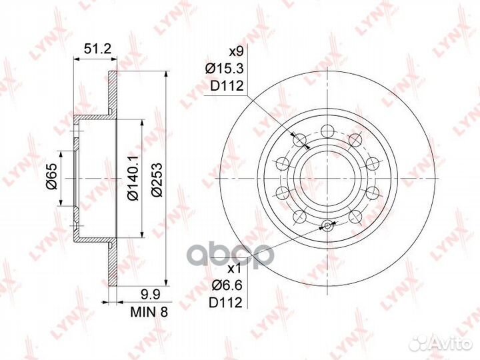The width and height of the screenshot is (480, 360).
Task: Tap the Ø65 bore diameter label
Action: click(x=51, y=179)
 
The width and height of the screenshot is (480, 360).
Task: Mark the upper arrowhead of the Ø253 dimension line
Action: click(x=165, y=76)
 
